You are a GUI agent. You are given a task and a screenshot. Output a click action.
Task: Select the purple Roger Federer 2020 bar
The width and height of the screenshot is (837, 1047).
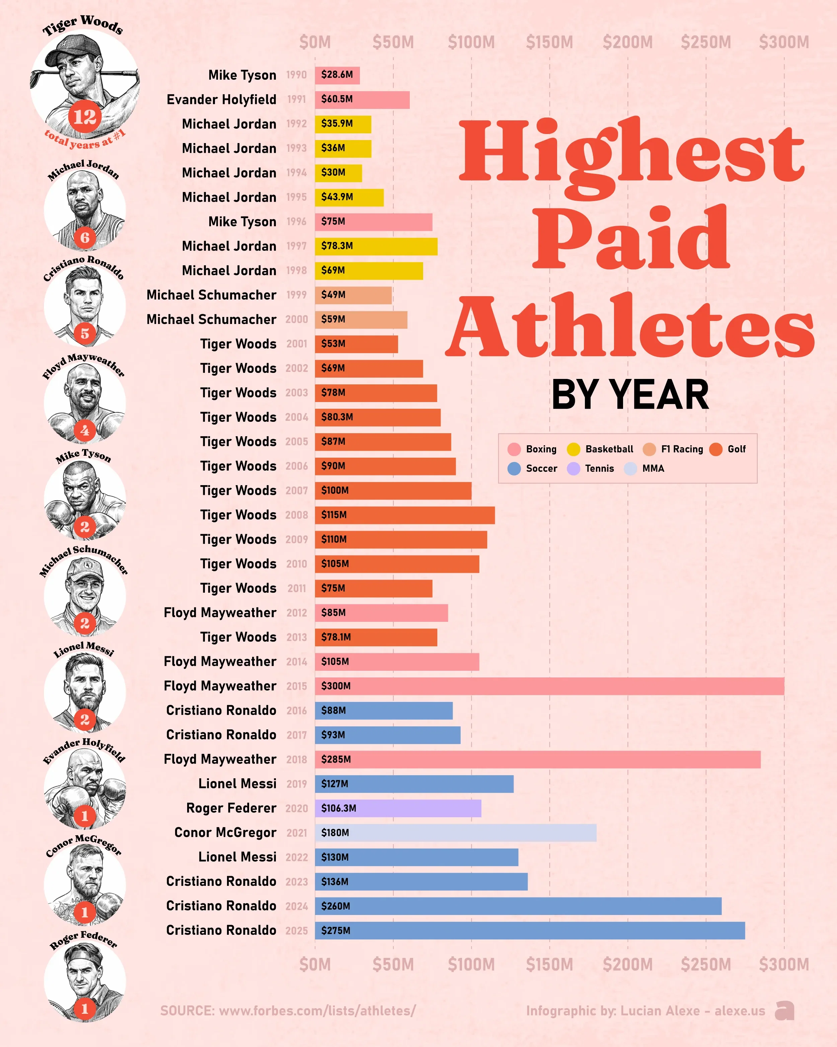398,808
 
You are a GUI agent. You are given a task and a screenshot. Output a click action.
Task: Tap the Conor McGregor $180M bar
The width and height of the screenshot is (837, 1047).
456,832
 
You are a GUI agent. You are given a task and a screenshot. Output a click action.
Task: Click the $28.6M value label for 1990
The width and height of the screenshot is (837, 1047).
337,75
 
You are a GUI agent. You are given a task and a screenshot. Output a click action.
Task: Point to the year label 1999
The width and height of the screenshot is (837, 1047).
297,295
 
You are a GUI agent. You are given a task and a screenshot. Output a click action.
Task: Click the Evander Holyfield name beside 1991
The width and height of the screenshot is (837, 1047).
221,100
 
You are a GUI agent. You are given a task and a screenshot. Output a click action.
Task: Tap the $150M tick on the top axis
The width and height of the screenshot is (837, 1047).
549,42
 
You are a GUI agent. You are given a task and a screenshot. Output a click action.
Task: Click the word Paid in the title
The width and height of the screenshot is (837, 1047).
631,238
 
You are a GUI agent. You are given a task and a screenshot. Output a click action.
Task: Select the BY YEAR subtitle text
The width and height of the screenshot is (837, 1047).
630,395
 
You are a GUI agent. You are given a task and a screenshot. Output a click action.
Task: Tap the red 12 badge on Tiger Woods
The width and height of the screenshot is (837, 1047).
85,117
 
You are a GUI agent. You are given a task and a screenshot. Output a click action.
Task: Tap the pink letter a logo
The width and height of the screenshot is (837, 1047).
784,1010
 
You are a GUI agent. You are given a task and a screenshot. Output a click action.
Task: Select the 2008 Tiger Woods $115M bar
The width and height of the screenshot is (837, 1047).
405,515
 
